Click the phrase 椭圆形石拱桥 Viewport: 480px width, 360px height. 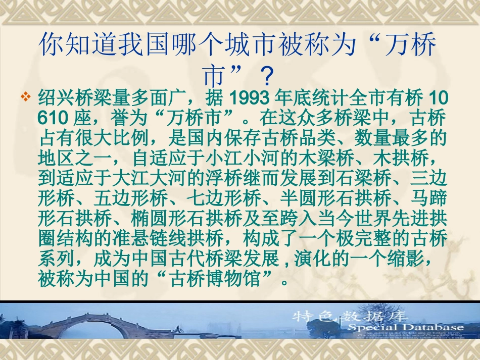[177, 218]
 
